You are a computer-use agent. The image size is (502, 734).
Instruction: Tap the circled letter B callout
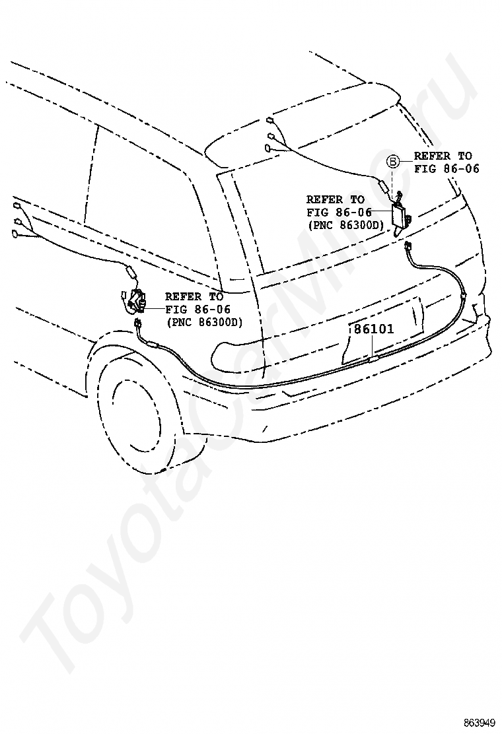click(392, 162)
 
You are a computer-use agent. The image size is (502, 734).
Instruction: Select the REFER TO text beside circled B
click(443, 156)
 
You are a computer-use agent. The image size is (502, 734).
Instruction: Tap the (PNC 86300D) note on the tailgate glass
click(345, 225)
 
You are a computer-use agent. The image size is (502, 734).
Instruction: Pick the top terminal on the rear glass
click(269, 120)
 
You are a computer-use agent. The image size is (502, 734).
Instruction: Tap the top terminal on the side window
click(17, 206)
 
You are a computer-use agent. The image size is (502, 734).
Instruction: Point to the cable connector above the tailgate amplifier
click(382, 185)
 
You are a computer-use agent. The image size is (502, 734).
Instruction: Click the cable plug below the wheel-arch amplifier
click(138, 323)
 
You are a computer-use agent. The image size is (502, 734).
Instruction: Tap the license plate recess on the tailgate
click(382, 330)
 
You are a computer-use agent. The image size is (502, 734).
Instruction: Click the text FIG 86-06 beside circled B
click(447, 168)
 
